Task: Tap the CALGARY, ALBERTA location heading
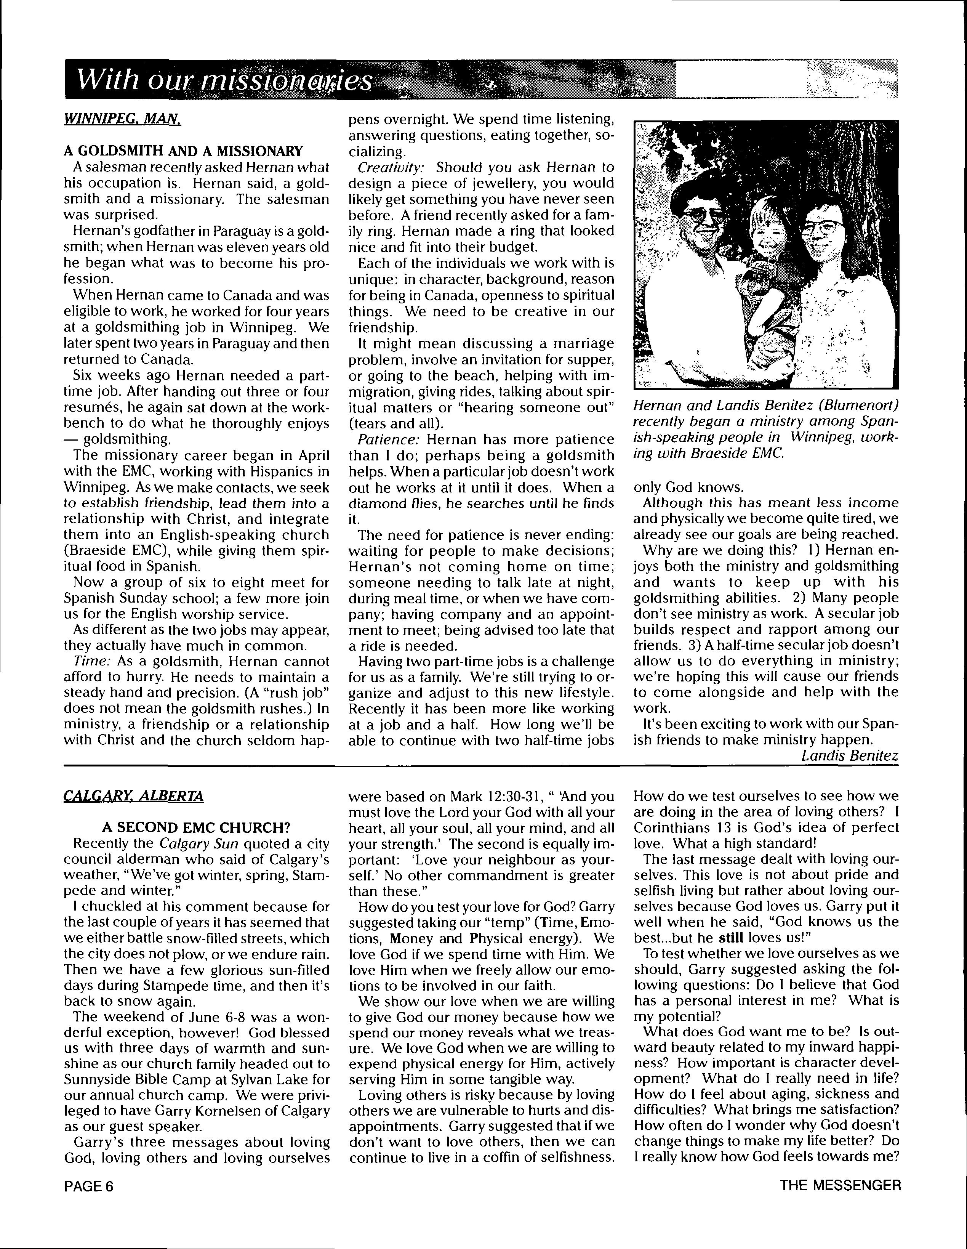point(133,796)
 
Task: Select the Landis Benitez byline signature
point(850,755)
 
